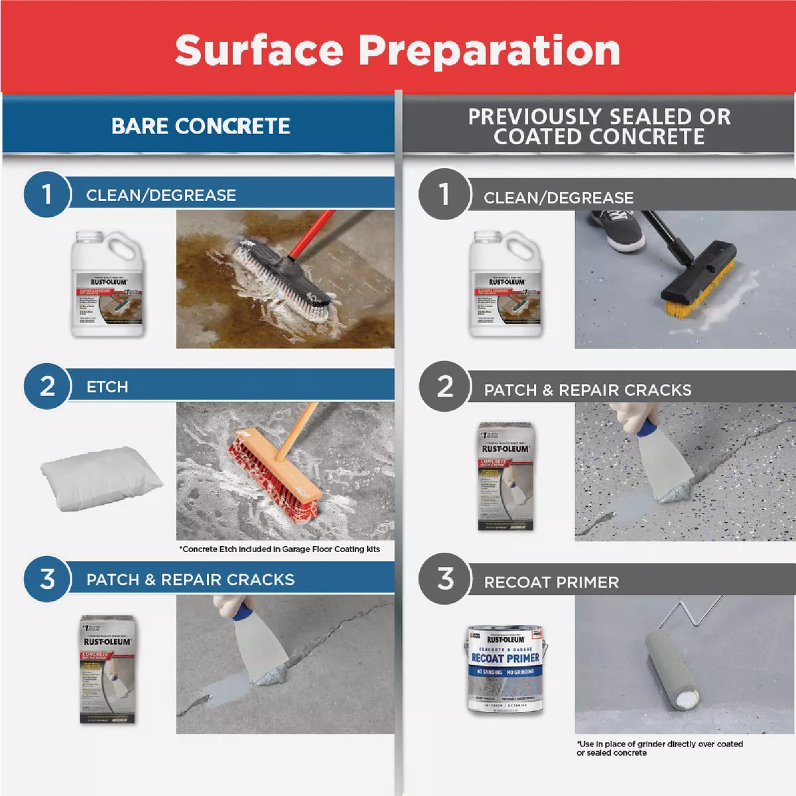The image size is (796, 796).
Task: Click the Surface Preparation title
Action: pos(397,50)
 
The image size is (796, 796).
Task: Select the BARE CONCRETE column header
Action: pos(200,126)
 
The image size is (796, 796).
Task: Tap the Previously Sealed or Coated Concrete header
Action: pos(599,126)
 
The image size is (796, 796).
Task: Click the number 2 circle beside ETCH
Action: pos(46,386)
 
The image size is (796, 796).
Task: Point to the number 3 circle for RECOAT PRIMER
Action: pos(444,578)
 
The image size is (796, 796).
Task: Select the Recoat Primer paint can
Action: pos(505,669)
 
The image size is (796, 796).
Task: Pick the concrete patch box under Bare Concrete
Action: pos(107,669)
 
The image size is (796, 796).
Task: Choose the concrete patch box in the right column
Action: pos(505,476)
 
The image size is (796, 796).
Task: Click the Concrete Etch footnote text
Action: pos(279,549)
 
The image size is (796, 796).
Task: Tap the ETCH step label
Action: pos(107,387)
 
